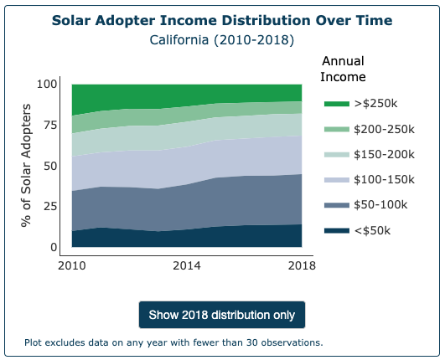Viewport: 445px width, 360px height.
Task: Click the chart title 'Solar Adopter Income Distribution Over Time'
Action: click(x=221, y=20)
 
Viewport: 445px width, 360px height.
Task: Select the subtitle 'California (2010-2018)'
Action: click(x=221, y=39)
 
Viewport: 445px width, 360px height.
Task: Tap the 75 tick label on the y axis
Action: click(x=50, y=126)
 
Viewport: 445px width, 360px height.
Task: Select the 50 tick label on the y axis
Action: click(x=50, y=166)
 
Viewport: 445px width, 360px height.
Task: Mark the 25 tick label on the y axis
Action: click(x=50, y=207)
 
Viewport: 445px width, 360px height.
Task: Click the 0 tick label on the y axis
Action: click(x=54, y=247)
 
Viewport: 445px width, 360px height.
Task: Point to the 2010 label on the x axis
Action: click(x=72, y=266)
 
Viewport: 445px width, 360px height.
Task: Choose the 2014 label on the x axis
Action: click(x=187, y=266)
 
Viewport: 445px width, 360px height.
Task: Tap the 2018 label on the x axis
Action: click(x=301, y=266)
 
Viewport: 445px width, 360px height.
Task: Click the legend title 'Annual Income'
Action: click(x=344, y=69)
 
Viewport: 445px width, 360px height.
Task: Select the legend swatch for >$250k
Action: click(x=336, y=103)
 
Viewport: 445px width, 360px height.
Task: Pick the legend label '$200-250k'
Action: click(x=385, y=129)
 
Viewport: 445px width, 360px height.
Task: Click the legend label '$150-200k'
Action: click(x=385, y=154)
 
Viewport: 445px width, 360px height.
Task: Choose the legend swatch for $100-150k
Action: click(x=336, y=180)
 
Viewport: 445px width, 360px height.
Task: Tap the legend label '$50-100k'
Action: click(x=381, y=205)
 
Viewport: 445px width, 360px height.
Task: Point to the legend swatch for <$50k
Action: click(x=336, y=231)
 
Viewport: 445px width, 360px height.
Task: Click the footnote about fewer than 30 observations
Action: click(x=173, y=342)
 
